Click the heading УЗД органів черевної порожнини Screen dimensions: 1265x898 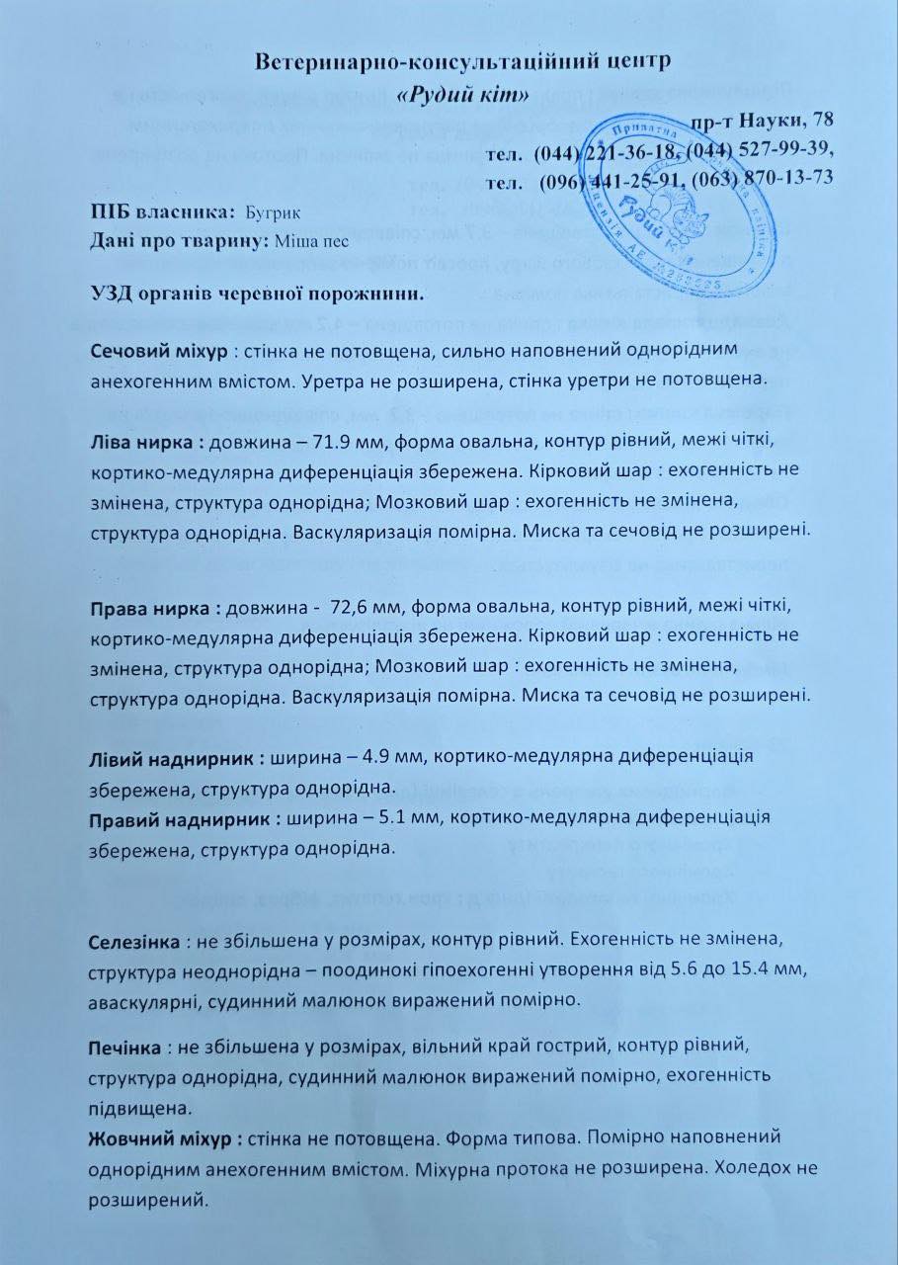[x=256, y=294]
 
